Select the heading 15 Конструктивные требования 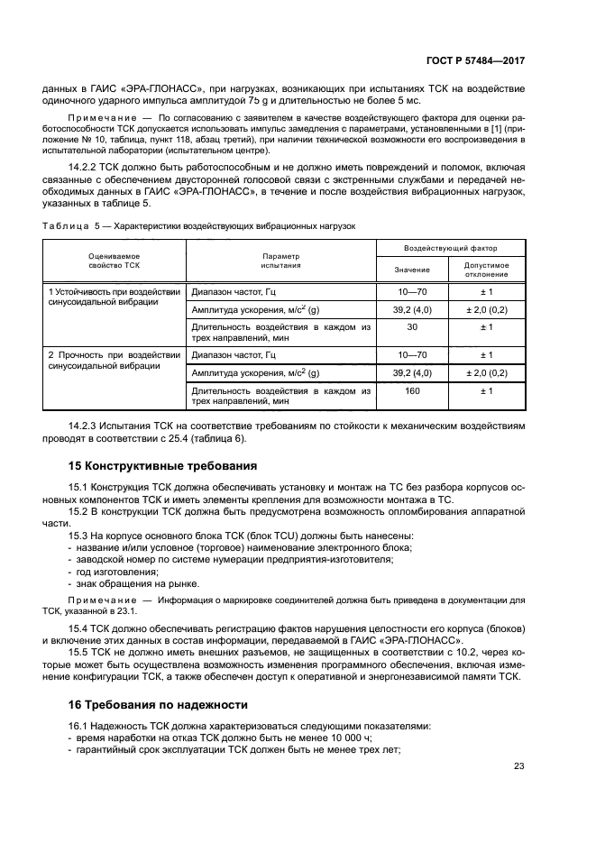tap(162, 466)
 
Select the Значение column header tap(412, 269)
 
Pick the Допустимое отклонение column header tap(486, 269)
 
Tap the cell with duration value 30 tap(412, 326)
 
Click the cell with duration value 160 tap(412, 390)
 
